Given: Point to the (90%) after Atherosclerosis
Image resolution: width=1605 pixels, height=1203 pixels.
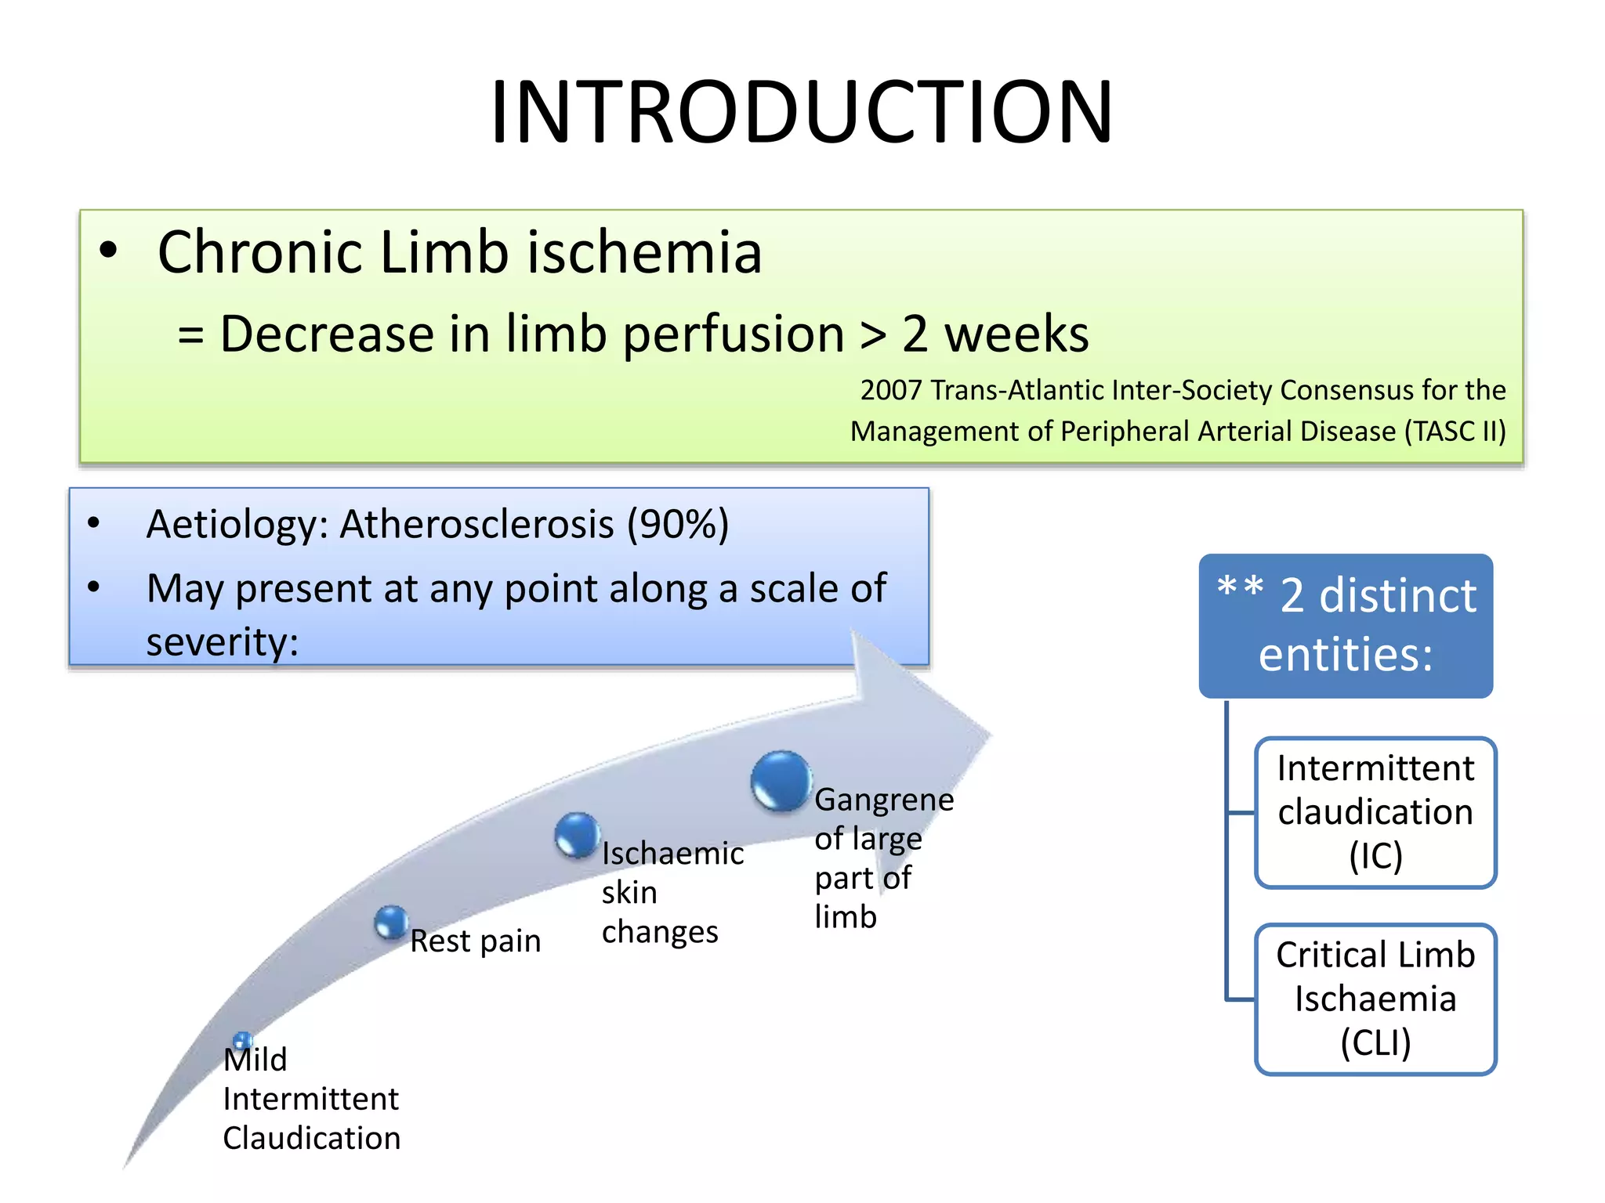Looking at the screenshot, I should (x=677, y=524).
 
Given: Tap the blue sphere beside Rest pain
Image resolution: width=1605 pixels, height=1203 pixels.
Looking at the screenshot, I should (x=390, y=922).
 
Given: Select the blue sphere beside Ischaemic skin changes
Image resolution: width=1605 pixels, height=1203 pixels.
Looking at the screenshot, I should (x=577, y=835).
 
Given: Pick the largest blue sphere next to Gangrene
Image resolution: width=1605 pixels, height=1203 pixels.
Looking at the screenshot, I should (x=781, y=781).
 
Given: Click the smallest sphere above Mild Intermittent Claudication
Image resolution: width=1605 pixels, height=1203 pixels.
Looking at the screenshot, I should (x=242, y=1040).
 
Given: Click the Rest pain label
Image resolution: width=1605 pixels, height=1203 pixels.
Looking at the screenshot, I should (x=475, y=941).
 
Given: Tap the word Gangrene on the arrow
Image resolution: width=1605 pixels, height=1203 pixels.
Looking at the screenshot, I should (x=883, y=800).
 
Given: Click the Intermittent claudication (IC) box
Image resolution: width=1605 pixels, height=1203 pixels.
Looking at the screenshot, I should (x=1375, y=812).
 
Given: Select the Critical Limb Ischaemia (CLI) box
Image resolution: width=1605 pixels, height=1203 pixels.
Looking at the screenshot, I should (x=1375, y=999).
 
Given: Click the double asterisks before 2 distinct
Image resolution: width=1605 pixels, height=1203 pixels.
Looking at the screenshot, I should (x=1240, y=587).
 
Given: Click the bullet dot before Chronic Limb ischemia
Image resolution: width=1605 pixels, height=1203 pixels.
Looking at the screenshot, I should (x=108, y=251).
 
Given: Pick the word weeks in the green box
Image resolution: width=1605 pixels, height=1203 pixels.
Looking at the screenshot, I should (x=1016, y=334).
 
